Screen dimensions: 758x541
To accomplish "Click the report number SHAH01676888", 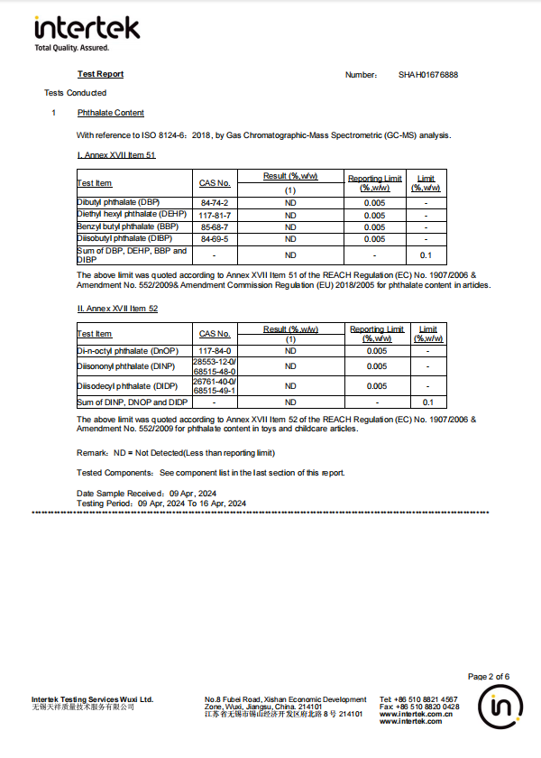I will tap(428, 75).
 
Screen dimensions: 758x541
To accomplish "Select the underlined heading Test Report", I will tap(101, 74).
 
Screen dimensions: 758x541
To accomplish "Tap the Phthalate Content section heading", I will tap(111, 113).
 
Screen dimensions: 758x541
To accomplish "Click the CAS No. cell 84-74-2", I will tap(215, 203).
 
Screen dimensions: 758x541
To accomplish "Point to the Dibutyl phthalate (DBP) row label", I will tap(118, 203).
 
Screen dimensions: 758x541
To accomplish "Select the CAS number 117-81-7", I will tap(215, 215).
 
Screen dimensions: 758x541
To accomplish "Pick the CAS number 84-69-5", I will tap(215, 238).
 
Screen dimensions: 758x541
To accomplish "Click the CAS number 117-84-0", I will tap(215, 350).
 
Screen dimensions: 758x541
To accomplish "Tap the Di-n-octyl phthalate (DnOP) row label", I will tap(128, 350).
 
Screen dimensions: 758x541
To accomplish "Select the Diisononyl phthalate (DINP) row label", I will tap(125, 366).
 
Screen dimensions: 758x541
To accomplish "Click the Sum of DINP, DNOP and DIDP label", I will tap(133, 402).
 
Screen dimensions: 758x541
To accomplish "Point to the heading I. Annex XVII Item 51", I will tap(116, 155).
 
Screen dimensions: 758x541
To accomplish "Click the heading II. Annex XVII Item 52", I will tap(117, 309).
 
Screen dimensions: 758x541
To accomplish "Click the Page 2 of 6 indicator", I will tap(489, 677).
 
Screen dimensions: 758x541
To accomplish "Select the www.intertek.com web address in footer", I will tap(411, 721).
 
